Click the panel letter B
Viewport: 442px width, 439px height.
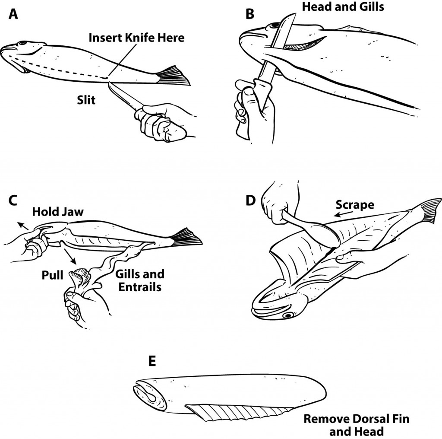pos(250,14)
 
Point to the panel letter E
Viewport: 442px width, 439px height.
pos(152,361)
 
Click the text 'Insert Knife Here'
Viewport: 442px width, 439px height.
pos(136,38)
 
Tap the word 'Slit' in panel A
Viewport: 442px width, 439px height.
pos(86,100)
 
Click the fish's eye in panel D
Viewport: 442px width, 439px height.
pos(285,316)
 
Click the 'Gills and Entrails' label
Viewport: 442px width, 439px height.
pos(139,280)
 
